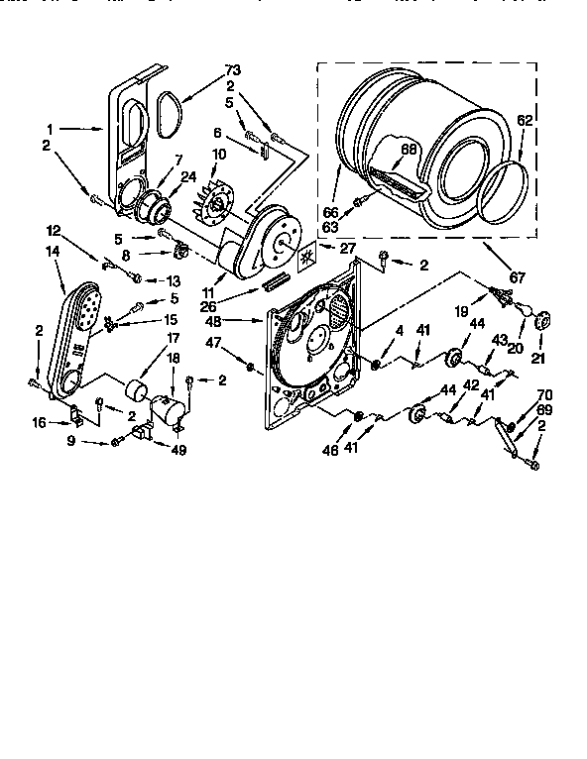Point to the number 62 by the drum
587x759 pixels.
524,121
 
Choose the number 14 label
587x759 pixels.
53,252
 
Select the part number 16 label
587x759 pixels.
40,423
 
